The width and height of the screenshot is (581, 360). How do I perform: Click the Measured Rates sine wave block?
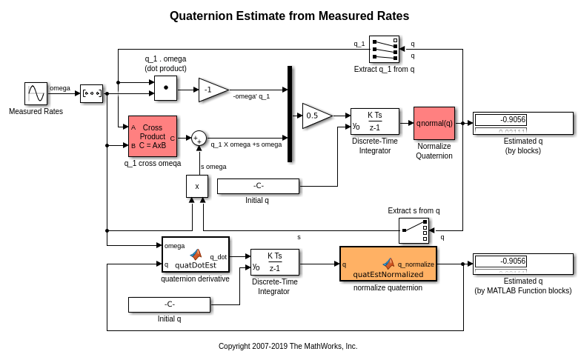(36, 93)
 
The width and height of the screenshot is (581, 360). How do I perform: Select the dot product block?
(165, 87)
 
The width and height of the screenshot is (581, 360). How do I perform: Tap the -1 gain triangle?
(212, 90)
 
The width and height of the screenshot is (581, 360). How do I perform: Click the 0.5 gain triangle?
(316, 116)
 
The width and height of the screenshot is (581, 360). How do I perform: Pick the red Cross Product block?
(152, 136)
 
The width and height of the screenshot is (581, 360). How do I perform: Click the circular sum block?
(199, 139)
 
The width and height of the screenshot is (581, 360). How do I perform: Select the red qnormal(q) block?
(434, 123)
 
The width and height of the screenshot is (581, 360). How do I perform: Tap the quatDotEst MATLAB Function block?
(196, 254)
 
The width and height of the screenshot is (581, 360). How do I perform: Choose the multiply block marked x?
(197, 186)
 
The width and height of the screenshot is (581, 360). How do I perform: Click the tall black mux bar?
(290, 113)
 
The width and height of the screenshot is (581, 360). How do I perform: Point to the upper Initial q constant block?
(258, 186)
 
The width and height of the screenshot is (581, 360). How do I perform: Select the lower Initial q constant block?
(169, 304)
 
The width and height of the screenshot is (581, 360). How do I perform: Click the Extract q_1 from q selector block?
(384, 50)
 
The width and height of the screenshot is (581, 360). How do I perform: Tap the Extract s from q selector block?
(414, 230)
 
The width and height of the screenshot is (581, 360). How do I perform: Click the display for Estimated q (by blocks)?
(522, 123)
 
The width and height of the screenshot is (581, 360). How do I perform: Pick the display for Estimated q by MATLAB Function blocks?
(522, 264)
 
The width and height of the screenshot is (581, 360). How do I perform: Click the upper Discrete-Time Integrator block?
(374, 121)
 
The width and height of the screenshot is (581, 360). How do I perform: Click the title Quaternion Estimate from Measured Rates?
(289, 16)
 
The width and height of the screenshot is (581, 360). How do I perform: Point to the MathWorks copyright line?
(288, 346)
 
